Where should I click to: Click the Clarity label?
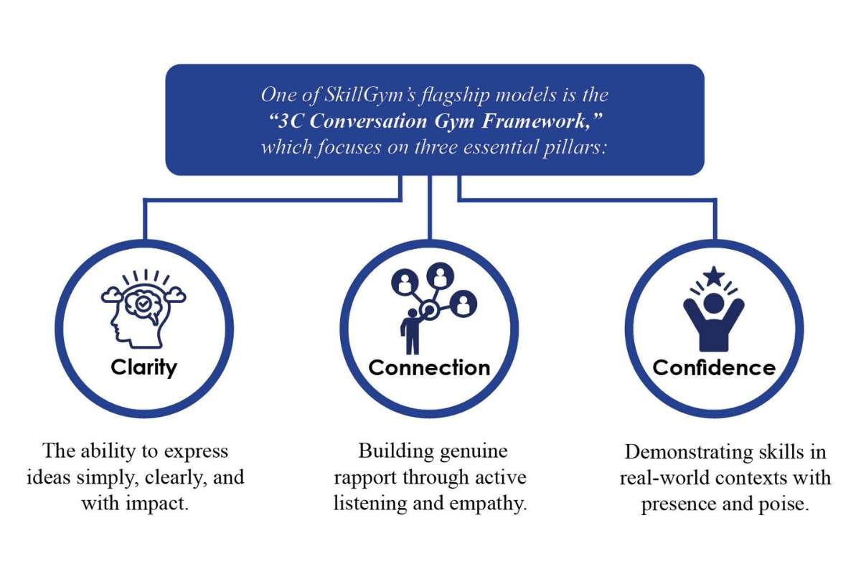(x=143, y=367)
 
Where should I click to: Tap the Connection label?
(x=429, y=367)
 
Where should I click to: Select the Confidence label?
(x=714, y=367)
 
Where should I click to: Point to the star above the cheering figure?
(x=713, y=275)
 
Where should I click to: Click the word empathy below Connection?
(x=491, y=503)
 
